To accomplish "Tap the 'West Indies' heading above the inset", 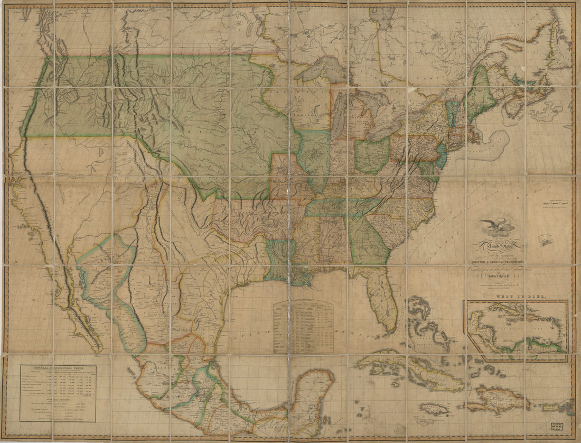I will tap(519, 298).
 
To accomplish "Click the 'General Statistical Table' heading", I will tap(58, 368).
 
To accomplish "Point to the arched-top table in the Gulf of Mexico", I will tap(303, 327).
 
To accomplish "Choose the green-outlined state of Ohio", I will tap(371, 156).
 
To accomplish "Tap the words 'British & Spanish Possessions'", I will tap(496, 261).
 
